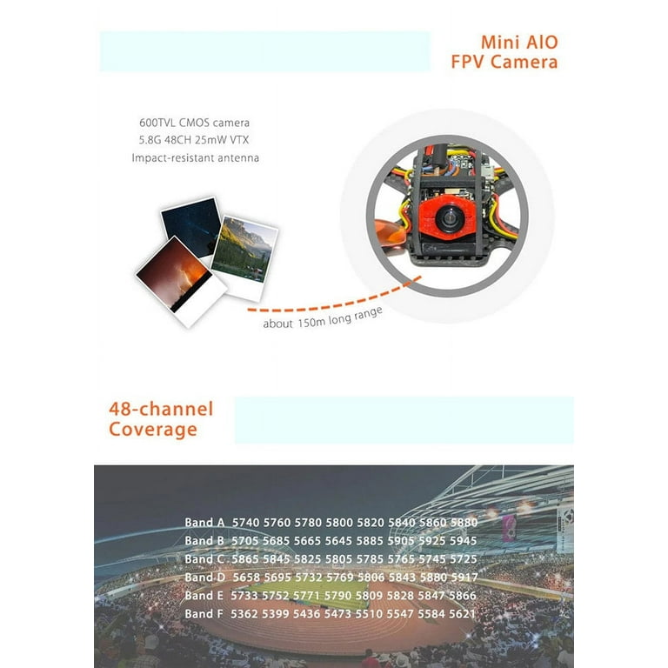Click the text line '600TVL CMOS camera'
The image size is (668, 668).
click(x=194, y=123)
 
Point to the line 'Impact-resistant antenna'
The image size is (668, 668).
click(x=195, y=157)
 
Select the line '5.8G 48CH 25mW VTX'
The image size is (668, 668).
click(x=195, y=140)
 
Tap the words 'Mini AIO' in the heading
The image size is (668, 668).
click(x=519, y=43)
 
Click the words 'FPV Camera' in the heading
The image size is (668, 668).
click(x=504, y=62)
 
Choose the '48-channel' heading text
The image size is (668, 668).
click(x=161, y=409)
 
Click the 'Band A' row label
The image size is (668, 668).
click(x=204, y=523)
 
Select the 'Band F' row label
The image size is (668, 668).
click(x=204, y=614)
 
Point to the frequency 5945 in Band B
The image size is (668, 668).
click(x=463, y=541)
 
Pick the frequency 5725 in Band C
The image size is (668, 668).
click(x=463, y=559)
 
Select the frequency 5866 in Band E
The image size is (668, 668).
click(x=463, y=596)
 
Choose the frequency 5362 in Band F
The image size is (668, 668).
click(x=246, y=614)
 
